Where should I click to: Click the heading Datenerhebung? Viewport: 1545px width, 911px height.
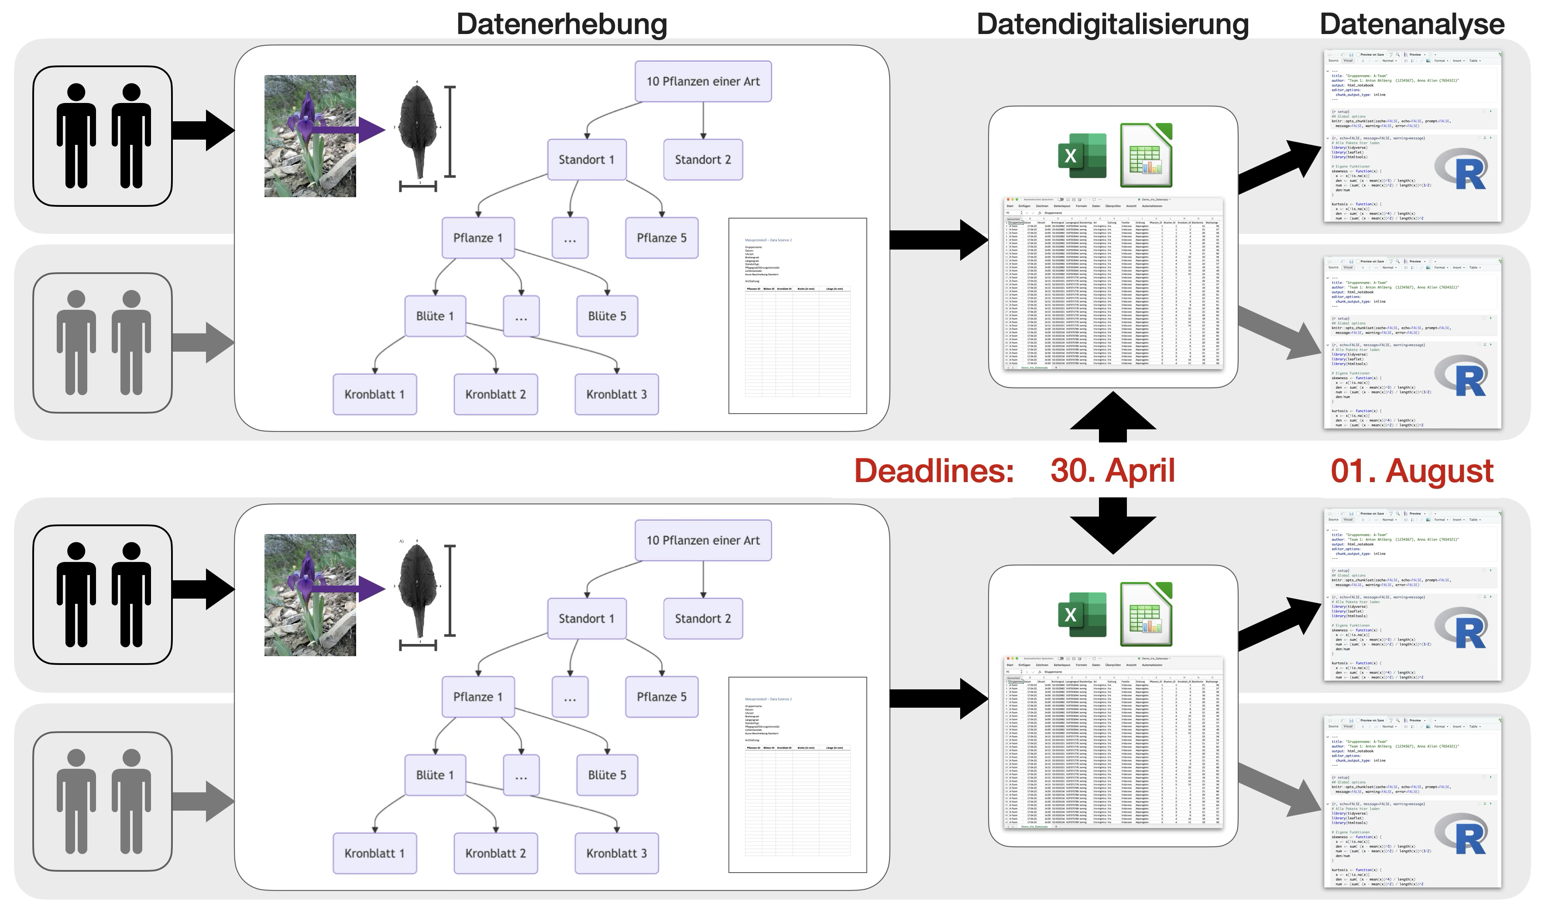click(x=561, y=24)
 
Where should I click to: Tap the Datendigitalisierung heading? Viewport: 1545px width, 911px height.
click(x=1112, y=24)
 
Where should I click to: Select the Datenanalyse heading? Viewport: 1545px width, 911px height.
click(x=1412, y=24)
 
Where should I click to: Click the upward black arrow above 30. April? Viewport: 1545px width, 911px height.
click(x=1112, y=418)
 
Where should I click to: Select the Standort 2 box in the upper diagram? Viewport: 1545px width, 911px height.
click(x=703, y=160)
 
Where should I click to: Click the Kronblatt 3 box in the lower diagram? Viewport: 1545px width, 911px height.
click(x=617, y=853)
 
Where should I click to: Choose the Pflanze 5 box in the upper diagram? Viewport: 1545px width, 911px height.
click(x=661, y=238)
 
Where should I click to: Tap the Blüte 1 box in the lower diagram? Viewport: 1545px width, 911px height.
click(x=435, y=775)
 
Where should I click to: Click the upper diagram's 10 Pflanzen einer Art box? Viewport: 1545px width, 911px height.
click(x=703, y=81)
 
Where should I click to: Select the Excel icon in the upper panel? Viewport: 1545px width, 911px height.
click(x=1082, y=156)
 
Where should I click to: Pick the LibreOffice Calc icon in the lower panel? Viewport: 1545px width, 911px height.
click(x=1146, y=614)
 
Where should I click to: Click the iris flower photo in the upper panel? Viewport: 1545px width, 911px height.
click(x=310, y=136)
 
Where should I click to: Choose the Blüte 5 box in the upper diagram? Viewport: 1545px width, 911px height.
click(x=607, y=316)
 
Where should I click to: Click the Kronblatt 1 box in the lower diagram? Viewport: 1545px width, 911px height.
click(x=374, y=853)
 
